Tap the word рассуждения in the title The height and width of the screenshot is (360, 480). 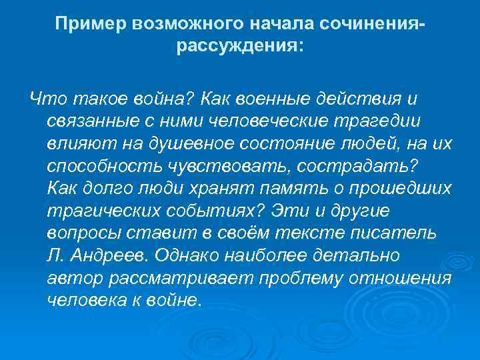(x=237, y=48)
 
